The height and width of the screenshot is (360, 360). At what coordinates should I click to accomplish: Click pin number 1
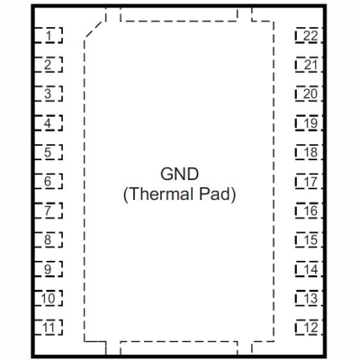(x=49, y=35)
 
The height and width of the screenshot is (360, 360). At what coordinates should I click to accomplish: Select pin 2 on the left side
(x=49, y=65)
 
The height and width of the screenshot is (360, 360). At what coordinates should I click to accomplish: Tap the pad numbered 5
(x=49, y=152)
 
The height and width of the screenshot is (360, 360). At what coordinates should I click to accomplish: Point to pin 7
(x=49, y=211)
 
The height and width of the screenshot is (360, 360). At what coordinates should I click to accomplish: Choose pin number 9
(x=49, y=269)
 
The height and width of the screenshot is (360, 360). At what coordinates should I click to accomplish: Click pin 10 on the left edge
(x=49, y=298)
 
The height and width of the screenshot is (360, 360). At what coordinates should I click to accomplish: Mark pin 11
(x=49, y=328)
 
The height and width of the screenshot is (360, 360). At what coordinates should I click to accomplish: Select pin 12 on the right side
(x=309, y=328)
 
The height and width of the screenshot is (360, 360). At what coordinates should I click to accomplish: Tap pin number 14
(x=309, y=269)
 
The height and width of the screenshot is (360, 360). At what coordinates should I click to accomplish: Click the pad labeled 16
(x=309, y=211)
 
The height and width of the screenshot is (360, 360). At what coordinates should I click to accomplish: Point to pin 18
(x=309, y=152)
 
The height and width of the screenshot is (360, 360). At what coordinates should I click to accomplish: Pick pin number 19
(x=309, y=123)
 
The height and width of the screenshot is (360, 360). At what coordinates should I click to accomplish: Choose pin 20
(x=309, y=94)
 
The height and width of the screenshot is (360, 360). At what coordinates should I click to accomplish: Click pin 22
(x=309, y=35)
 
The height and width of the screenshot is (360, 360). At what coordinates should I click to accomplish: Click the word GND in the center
(x=179, y=174)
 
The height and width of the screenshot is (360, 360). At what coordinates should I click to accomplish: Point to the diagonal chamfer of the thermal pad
(x=95, y=29)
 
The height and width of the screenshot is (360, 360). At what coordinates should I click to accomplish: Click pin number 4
(x=49, y=123)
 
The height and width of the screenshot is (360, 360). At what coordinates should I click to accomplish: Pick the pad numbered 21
(x=309, y=65)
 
